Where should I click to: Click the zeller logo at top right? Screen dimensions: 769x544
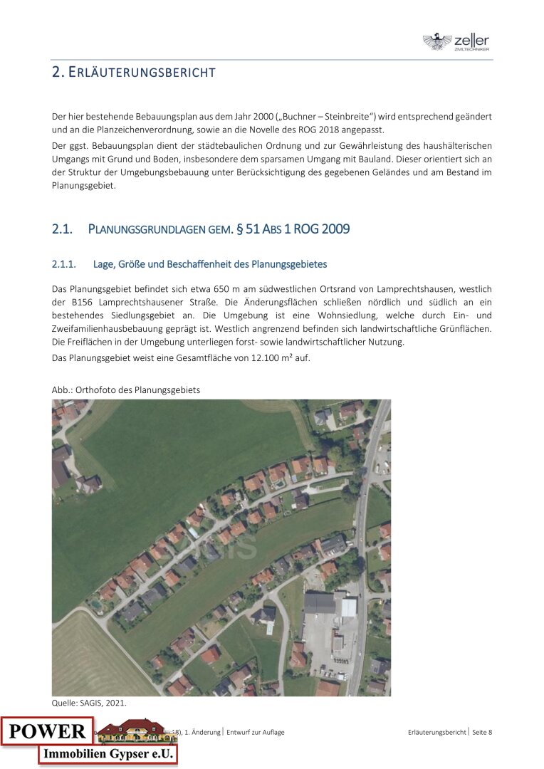(456, 42)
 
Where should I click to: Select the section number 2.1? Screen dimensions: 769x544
(63, 229)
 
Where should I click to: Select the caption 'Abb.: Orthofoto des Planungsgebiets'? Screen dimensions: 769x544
(126, 389)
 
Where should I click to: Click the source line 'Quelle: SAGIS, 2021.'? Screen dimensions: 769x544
(89, 703)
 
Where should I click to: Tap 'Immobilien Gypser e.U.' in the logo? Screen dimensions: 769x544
(108, 754)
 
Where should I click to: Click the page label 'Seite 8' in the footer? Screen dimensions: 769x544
(482, 732)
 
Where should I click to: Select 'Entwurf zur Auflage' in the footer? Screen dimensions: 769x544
(256, 732)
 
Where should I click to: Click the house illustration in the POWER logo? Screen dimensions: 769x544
(128, 730)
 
